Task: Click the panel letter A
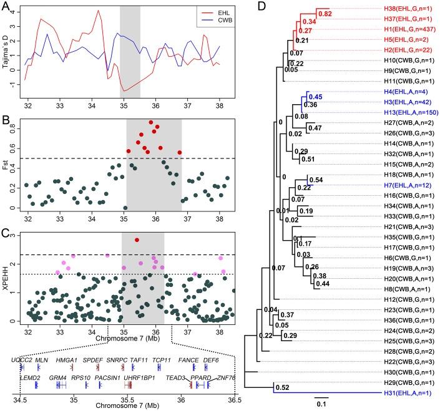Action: coord(6,6)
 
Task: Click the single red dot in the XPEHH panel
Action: coord(137,240)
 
